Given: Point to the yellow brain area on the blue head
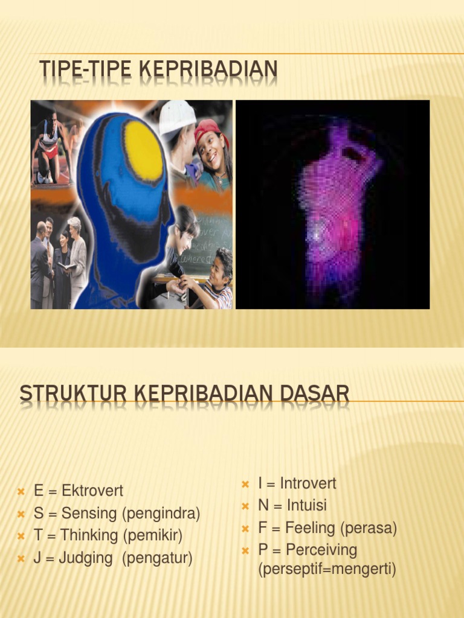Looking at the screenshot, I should tap(144, 151).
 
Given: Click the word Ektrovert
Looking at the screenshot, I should tap(92, 491).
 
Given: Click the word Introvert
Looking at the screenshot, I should tap(308, 483).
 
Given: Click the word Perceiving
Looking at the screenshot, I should tap(321, 550).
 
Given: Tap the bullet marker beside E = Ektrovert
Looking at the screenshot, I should tap(21, 491).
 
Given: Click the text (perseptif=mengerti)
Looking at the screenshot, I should tap(327, 570).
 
